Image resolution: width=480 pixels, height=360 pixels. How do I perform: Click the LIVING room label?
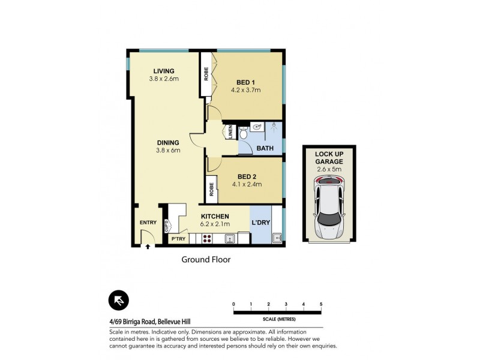(163, 71)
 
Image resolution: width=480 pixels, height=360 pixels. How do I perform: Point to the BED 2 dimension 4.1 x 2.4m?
(247, 184)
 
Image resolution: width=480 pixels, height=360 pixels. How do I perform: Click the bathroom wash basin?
(256, 127)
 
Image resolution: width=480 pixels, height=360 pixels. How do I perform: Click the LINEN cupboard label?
(231, 133)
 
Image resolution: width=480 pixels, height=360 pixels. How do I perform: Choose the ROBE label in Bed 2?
(212, 190)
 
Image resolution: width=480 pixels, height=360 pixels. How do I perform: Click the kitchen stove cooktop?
(206, 238)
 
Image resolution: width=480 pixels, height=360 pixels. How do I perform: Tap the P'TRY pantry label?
(178, 239)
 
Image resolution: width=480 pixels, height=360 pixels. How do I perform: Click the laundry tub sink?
(277, 238)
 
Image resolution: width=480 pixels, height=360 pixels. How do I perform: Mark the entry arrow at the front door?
(147, 245)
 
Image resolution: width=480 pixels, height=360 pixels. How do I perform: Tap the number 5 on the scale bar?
(321, 304)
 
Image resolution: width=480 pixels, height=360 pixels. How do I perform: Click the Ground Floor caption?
(206, 260)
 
